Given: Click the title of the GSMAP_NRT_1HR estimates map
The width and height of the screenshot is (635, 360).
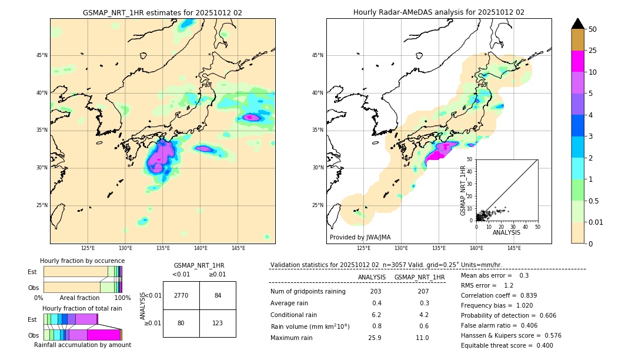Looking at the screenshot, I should pos(162,12).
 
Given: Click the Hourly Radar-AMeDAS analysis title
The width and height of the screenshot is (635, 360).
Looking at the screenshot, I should pos(439,12).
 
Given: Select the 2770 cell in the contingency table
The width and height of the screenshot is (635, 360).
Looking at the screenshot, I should pos(181,295).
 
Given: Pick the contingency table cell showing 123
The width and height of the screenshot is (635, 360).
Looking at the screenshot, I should pos(218,323).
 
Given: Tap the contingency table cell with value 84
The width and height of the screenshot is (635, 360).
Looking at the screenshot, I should pos(218,295).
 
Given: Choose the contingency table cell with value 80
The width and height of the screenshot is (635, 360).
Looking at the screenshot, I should pos(181,323).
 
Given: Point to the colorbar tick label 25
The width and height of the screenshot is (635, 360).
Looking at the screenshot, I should pos(593,51).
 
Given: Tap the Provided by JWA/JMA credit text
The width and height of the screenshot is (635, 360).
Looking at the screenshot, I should pos(360,238).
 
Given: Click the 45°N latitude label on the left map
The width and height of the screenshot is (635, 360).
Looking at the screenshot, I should pos(42,55).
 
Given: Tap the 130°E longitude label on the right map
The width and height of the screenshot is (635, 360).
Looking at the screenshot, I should pos(402,248).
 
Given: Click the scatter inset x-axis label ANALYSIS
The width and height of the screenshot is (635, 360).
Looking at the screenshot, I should pos(506,232).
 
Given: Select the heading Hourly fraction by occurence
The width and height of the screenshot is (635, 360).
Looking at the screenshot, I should pos(82,261).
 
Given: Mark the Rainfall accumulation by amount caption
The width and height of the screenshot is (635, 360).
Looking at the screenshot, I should pos(82,345).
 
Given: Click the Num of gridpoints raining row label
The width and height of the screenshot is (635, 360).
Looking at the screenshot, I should pos(308,291).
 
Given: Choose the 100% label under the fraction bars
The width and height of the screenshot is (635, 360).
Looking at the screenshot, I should pos(122,298).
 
